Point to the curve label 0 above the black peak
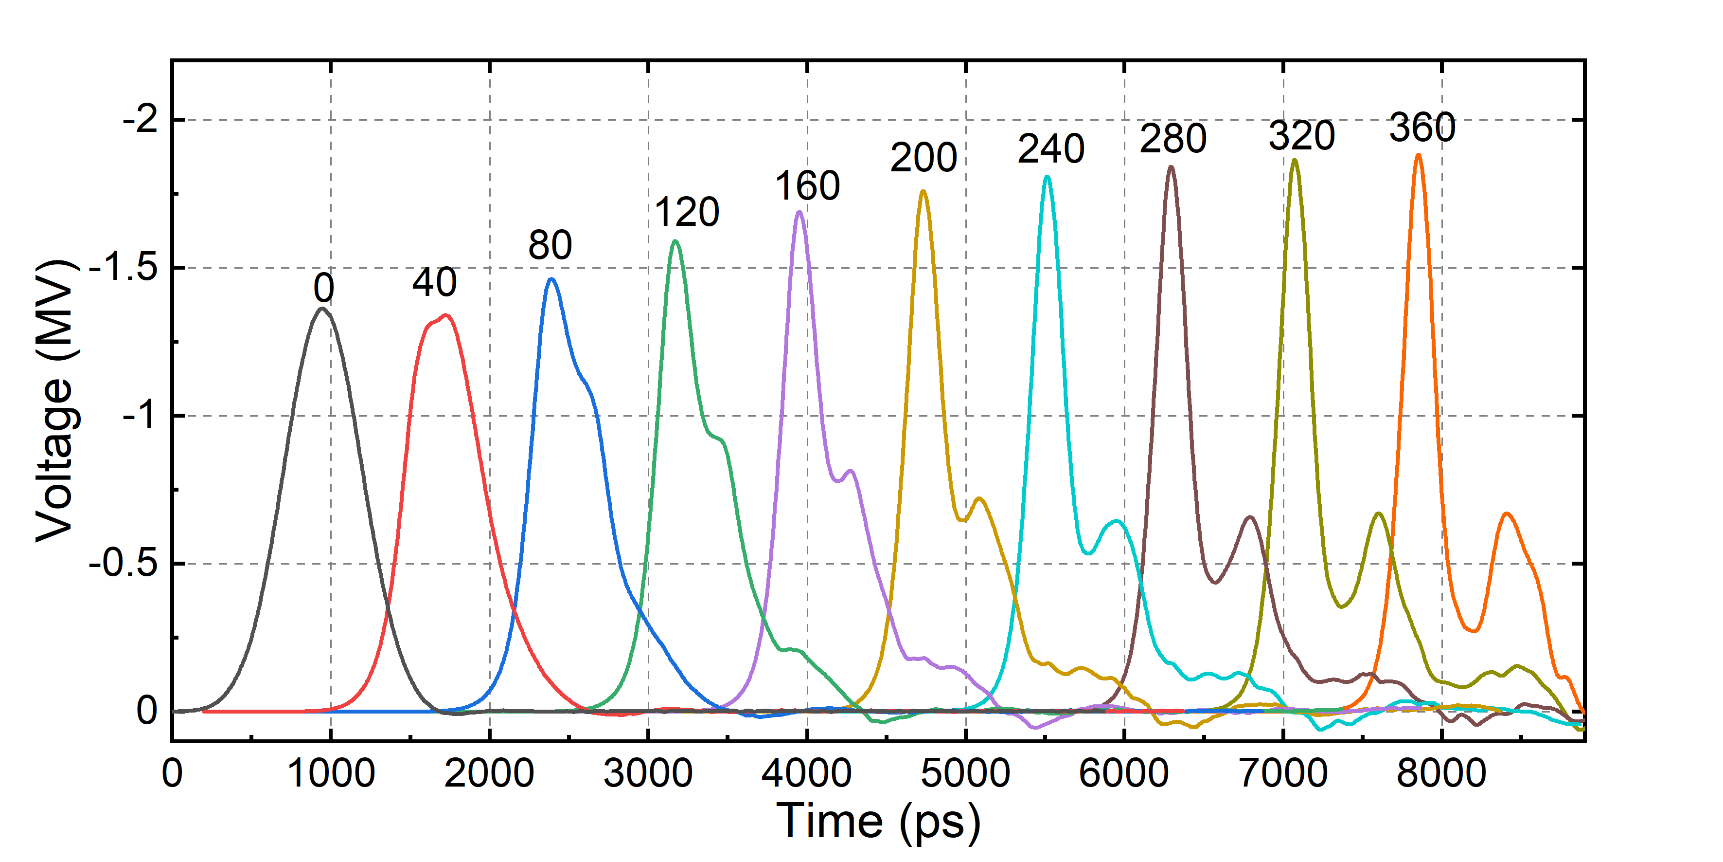324,289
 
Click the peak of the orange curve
1418,155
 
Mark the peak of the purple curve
799,212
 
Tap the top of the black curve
322,309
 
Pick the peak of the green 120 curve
675,241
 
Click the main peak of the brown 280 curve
1171,167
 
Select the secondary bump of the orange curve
1506,514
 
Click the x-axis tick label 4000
807,774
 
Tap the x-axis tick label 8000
1441,774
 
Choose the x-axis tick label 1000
330,774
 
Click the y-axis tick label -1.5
123,268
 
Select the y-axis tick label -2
139,121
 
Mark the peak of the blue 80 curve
551,280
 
